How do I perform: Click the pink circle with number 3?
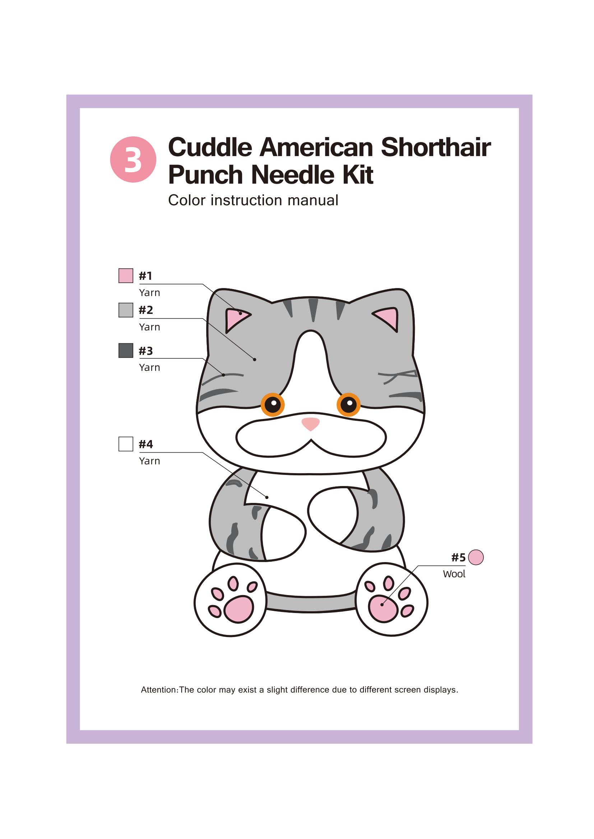[133, 159]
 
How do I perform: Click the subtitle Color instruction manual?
[253, 200]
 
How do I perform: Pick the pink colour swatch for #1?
[125, 275]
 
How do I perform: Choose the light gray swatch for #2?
[125, 310]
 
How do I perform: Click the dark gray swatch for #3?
[125, 350]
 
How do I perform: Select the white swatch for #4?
[125, 444]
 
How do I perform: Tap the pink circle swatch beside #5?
[476, 557]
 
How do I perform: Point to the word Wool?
[454, 574]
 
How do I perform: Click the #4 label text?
[145, 444]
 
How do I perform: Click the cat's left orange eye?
[273, 405]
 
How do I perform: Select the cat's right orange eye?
[349, 405]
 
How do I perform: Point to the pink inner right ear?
[388, 317]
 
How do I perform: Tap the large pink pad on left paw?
[238, 609]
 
